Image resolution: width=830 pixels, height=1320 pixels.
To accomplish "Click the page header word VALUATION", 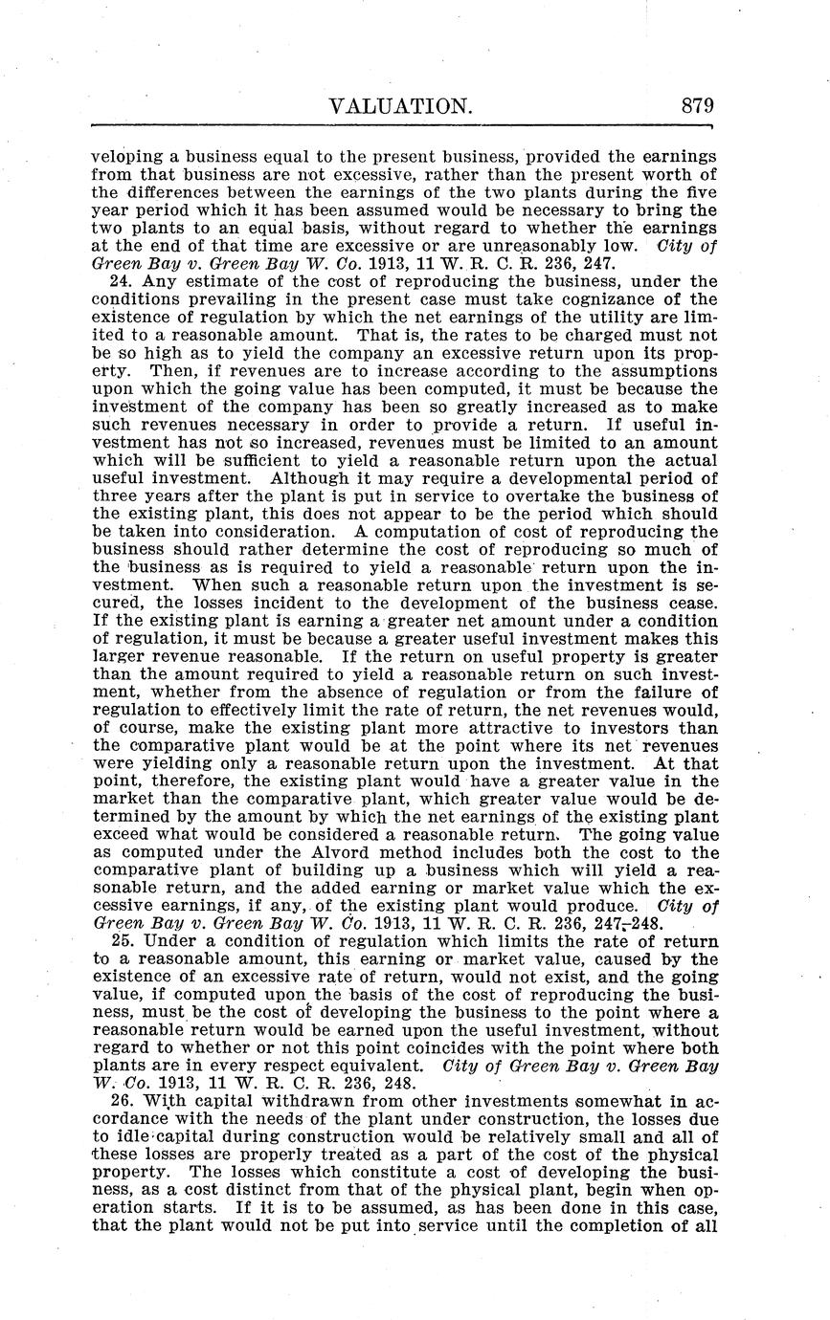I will [400, 106].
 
